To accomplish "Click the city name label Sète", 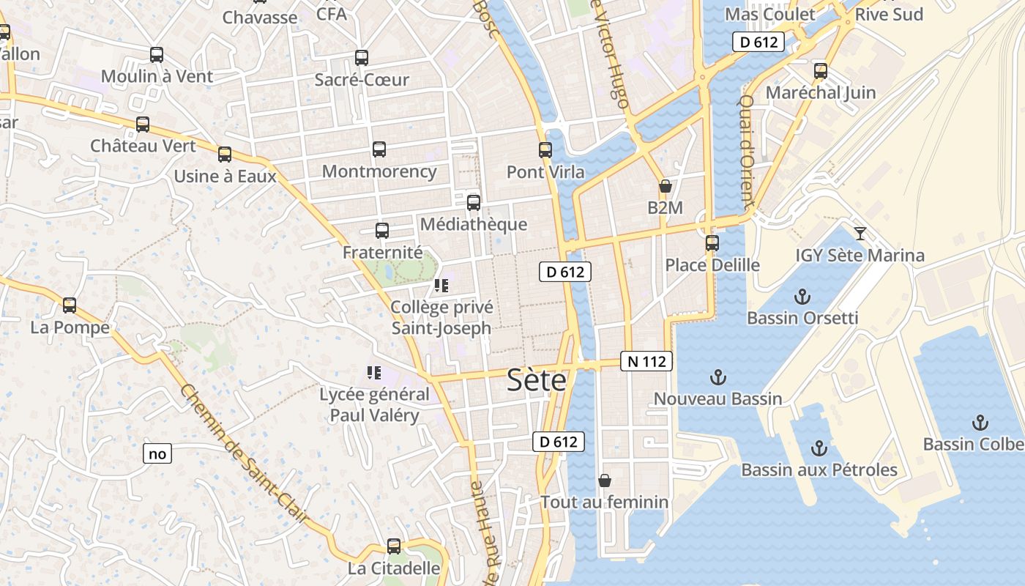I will pyautogui.click(x=537, y=380).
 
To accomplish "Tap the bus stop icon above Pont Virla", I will pyautogui.click(x=545, y=150).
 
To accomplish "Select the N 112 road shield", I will pyautogui.click(x=646, y=360).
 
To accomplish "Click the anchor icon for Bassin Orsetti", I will pyautogui.click(x=803, y=297).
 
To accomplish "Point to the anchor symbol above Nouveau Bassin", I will pyautogui.click(x=718, y=378).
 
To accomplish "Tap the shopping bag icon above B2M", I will pyautogui.click(x=665, y=186).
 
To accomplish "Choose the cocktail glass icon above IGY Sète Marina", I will pyautogui.click(x=860, y=234).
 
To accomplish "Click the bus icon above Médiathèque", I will pyautogui.click(x=474, y=203).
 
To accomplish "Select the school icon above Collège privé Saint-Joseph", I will pyautogui.click(x=441, y=286).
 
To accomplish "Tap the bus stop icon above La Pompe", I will pyautogui.click(x=70, y=305).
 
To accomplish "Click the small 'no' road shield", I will pyautogui.click(x=157, y=454).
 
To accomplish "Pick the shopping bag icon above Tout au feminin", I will pyautogui.click(x=605, y=481).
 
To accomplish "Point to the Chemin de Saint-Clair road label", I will pyautogui.click(x=243, y=454).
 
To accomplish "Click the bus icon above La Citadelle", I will pyautogui.click(x=394, y=546).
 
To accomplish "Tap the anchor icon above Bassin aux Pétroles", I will pyautogui.click(x=819, y=448).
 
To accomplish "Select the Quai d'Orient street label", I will pyautogui.click(x=746, y=150).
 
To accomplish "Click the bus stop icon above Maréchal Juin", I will pyautogui.click(x=821, y=71).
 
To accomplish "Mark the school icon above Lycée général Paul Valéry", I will pyautogui.click(x=374, y=374).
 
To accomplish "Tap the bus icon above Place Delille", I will pyautogui.click(x=712, y=243).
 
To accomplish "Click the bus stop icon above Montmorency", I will pyautogui.click(x=379, y=149).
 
